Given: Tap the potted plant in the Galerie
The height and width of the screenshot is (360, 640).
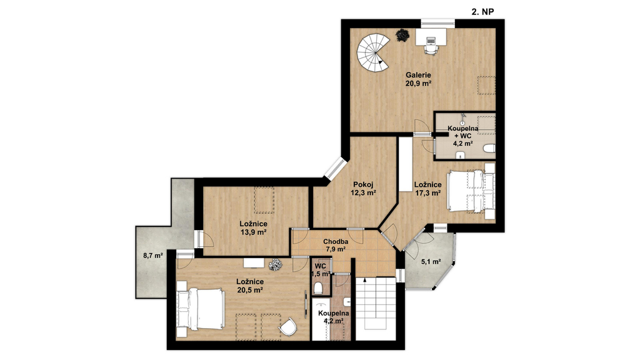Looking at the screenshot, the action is [402, 35].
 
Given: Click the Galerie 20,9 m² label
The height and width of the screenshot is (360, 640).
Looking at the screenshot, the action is [418, 79].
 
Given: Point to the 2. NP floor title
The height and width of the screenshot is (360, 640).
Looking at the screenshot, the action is [483, 12].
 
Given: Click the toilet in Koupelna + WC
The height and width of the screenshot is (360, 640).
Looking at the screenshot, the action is [489, 148].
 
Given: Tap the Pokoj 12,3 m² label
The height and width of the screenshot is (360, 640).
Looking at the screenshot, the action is [363, 188].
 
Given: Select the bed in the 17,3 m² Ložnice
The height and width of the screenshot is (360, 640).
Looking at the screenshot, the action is [471, 191].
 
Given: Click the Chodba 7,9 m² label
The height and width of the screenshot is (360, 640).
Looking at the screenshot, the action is [335, 245].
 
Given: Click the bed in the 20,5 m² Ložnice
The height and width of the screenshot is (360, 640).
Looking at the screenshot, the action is [201, 309].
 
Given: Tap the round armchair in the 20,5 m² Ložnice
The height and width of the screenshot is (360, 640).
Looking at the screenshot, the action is [288, 326].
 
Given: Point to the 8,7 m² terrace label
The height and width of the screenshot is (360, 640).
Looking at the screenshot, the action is [153, 256].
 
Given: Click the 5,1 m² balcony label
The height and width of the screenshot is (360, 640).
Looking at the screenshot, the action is [431, 262].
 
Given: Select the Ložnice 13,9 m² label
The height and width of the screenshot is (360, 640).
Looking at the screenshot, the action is [254, 227].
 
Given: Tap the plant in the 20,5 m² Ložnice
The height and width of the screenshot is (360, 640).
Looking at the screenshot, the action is [276, 264].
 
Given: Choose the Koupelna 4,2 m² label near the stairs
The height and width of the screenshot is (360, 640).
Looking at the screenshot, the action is [334, 317].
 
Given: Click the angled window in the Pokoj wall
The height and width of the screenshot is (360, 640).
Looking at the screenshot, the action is [335, 168].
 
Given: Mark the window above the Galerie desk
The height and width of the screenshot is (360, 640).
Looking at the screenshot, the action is [438, 23].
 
